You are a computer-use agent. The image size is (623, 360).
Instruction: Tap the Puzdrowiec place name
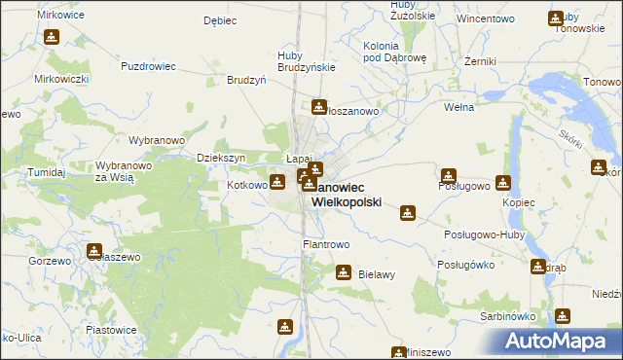coord(147,66)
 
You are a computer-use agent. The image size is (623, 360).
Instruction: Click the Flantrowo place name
coord(326,244)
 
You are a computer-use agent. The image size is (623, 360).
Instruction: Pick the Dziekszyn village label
coord(219,158)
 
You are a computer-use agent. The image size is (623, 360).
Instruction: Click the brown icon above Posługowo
coord(448,176)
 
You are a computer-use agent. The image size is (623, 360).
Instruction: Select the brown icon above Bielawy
coord(343,272)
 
